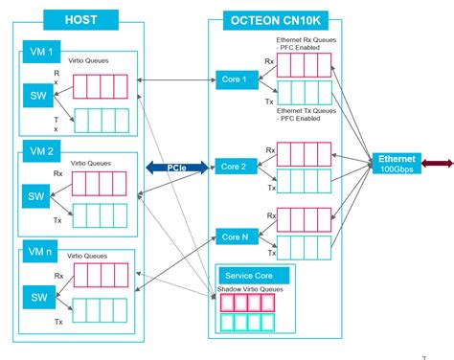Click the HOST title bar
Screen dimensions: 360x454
pos(80,18)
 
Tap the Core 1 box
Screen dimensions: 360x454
pos(232,79)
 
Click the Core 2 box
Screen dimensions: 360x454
pos(232,167)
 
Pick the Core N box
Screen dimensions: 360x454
pos(232,236)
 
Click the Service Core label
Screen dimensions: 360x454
pos(244,276)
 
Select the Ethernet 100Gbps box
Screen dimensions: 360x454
pos(393,164)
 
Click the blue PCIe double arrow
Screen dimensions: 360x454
pos(176,167)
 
